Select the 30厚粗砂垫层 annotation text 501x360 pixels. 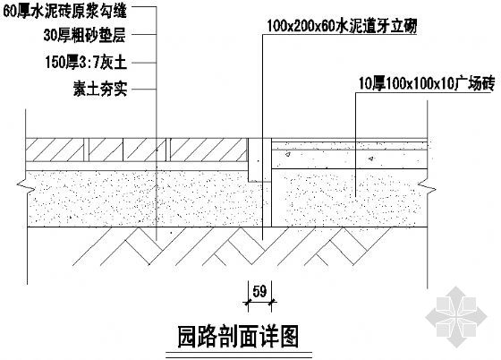[x=85, y=35]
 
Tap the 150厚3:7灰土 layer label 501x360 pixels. [x=86, y=62]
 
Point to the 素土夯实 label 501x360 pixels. [x=100, y=89]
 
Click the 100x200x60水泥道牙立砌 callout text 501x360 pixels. [x=342, y=26]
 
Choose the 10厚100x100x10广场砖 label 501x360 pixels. [x=427, y=83]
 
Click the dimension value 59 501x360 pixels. [x=259, y=292]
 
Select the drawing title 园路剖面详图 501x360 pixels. [x=238, y=337]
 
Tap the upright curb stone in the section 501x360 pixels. [x=259, y=160]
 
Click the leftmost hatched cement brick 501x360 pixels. [x=55, y=150]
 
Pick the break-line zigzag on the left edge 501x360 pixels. [x=26, y=186]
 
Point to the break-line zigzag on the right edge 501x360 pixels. [x=427, y=186]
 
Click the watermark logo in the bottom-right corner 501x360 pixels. [x=456, y=316]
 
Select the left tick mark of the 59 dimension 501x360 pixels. [x=248, y=301]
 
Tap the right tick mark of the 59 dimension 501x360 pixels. [x=272, y=301]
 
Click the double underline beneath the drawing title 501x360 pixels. [x=239, y=356]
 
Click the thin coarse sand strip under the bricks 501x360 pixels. [x=137, y=166]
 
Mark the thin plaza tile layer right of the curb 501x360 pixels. [x=349, y=141]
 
